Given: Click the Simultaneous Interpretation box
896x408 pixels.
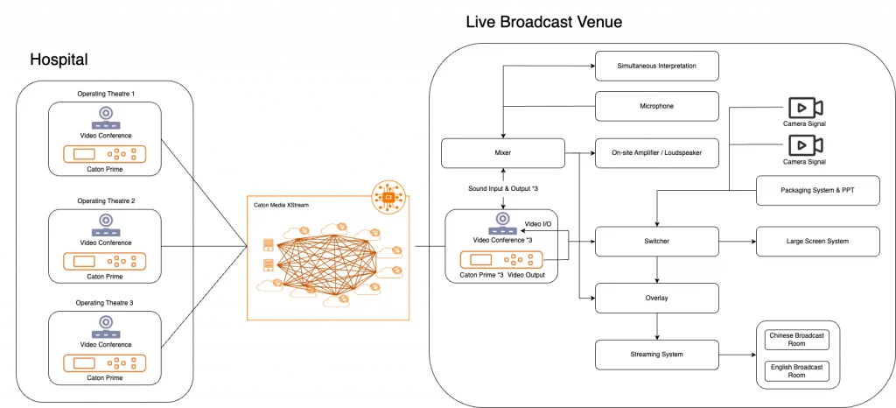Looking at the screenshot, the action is [x=656, y=66].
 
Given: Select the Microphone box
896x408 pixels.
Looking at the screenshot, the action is [x=656, y=106].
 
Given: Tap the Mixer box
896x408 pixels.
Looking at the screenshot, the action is [x=503, y=153].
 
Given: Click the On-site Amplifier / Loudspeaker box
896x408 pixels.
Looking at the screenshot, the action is [x=656, y=153].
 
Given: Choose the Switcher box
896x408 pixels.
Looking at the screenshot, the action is [x=656, y=241].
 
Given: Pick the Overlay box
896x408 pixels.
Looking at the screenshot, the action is [x=656, y=299].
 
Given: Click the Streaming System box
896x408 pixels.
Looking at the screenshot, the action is [x=656, y=355].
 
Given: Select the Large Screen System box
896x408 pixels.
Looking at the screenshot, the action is [x=818, y=241].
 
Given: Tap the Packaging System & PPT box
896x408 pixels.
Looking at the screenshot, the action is [x=818, y=190].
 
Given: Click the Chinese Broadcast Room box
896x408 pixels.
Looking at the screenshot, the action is [x=796, y=340].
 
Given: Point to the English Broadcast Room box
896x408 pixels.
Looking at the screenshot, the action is [x=796, y=371].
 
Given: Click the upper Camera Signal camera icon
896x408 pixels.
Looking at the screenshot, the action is [x=805, y=108].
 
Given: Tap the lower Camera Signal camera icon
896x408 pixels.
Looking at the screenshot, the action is [x=805, y=145].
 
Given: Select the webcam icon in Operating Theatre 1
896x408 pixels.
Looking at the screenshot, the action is [x=105, y=118].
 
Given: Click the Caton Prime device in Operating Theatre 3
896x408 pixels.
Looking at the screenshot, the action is [x=105, y=363].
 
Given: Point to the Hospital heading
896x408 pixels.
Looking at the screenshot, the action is [x=59, y=60].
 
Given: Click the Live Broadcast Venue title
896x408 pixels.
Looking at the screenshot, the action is [x=543, y=22].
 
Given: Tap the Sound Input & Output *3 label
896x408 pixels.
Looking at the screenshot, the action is [x=502, y=188].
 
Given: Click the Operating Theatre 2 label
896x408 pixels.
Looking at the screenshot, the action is [x=105, y=201].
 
